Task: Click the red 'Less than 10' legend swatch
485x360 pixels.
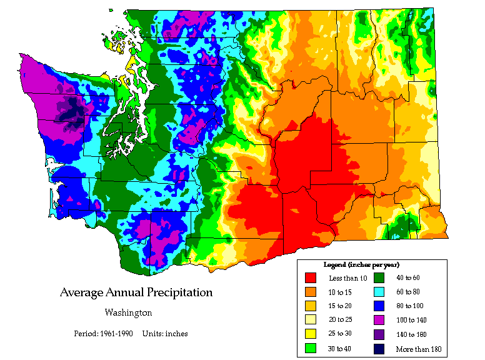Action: tap(311, 277)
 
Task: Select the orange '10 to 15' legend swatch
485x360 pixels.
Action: tap(311, 292)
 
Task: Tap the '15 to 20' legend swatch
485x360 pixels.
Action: tap(311, 306)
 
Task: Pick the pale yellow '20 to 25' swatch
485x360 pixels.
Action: tap(311, 320)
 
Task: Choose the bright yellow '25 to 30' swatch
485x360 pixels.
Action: tap(311, 334)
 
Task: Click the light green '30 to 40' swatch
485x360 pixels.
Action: tap(311, 349)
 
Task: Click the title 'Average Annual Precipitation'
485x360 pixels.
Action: tap(136, 292)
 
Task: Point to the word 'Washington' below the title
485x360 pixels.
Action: tap(127, 312)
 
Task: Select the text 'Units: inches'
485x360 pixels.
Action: tap(165, 333)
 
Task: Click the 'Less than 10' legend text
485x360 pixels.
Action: tap(343, 278)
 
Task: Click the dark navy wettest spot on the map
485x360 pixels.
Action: tap(70, 108)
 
